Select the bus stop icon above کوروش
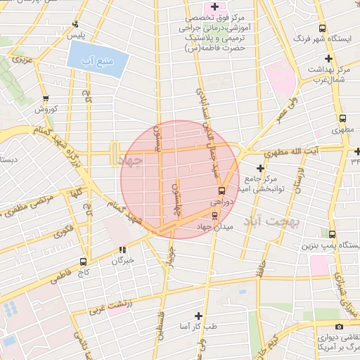click(46, 99)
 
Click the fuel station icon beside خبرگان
click(122, 249)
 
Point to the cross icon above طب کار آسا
click(198, 316)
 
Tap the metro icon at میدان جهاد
click(214, 215)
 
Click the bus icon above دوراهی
click(221, 190)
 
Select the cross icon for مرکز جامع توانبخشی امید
click(261, 168)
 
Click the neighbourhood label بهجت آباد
click(272, 222)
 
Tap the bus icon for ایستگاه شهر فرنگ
click(322, 29)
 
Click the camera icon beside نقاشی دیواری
click(340, 327)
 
